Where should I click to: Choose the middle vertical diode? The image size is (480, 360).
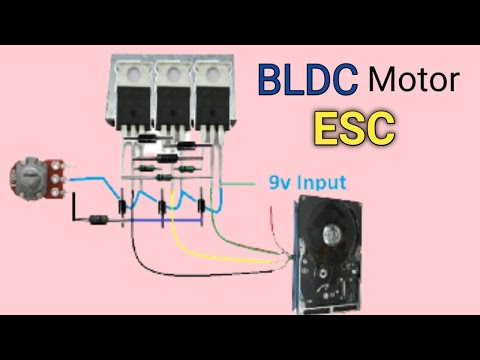coord(162,210)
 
